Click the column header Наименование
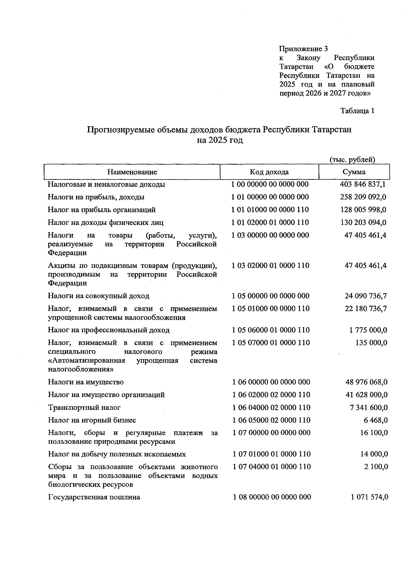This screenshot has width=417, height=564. click(132, 172)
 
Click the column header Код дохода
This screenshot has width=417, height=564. click(269, 172)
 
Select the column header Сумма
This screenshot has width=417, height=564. click(354, 172)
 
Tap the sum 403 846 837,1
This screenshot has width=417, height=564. click(363, 184)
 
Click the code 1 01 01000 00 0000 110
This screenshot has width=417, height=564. click(270, 210)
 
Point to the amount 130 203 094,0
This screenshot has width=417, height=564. click(363, 222)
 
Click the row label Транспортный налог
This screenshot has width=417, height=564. click(84, 407)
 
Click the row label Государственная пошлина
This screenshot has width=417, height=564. click(94, 497)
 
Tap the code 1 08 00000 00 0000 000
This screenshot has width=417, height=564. click(272, 497)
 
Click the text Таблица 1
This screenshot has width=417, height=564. click(358, 111)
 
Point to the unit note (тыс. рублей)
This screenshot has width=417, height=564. click(352, 160)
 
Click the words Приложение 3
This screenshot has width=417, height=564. click(303, 49)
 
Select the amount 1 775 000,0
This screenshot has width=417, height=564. click(368, 330)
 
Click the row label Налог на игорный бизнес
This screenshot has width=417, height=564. click(92, 420)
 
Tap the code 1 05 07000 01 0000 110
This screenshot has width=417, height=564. click(271, 343)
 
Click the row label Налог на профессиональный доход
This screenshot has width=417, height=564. click(109, 330)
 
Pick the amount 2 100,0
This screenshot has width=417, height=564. click(376, 467)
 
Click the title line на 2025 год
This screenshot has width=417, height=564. click(220, 140)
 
